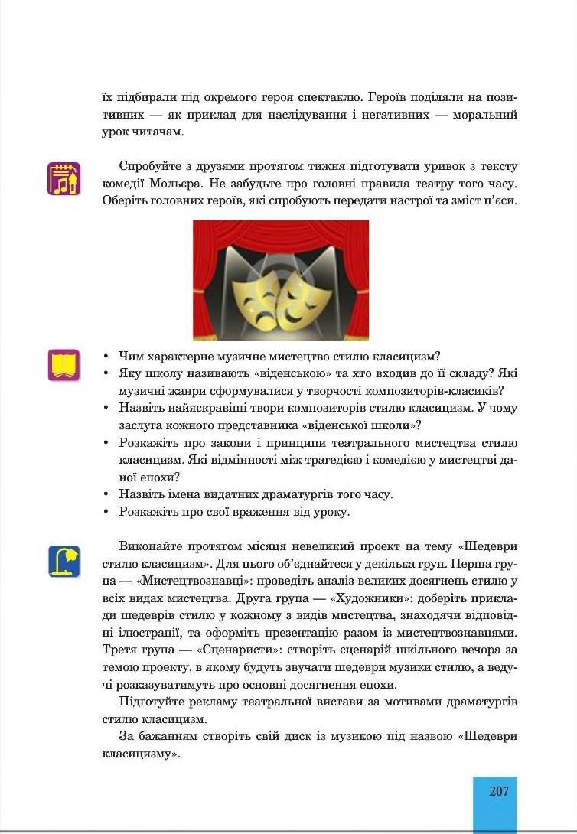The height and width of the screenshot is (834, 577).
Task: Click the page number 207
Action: pyautogui.click(x=498, y=792)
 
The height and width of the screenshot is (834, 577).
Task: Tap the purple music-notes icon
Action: pyautogui.click(x=64, y=178)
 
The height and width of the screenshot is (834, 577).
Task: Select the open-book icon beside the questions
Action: pyautogui.click(x=64, y=364)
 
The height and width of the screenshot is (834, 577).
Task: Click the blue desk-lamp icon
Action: pyautogui.click(x=64, y=561)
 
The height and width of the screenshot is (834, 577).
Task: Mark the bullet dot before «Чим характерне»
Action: pyautogui.click(x=106, y=357)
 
